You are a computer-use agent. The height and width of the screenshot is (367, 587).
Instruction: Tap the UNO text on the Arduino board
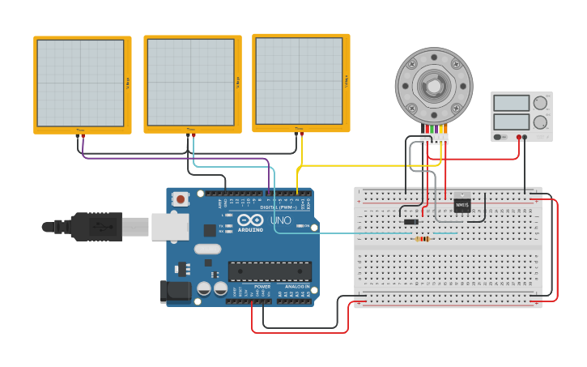coord(280,220)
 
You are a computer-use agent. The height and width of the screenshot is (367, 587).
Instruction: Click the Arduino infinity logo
coord(250,220)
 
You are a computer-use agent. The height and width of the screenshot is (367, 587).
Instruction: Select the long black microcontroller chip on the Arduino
coord(269,271)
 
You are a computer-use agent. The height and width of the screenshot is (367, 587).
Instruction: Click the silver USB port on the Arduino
coord(169,227)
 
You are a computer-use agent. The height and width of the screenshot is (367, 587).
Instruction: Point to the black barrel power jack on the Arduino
coord(177,291)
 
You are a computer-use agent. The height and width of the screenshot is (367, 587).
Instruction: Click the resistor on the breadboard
coord(422,238)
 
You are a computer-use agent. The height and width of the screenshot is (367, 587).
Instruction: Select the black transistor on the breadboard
coord(462,205)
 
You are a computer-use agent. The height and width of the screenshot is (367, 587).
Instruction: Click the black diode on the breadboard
coord(411,222)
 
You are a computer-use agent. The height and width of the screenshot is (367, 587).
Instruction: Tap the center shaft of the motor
coord(434,85)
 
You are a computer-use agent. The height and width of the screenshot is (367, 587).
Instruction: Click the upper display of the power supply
coord(511,103)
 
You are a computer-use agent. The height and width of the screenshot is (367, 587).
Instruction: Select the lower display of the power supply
coord(511,122)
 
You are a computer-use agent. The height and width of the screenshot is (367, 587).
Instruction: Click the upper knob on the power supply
coord(539,103)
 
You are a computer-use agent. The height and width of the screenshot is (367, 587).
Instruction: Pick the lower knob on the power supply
coord(539,122)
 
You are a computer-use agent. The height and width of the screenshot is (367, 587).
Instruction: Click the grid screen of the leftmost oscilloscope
coord(80,83)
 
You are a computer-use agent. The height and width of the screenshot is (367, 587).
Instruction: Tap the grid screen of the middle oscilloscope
coord(190,82)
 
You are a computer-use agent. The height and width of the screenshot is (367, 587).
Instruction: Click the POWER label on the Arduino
coord(262,286)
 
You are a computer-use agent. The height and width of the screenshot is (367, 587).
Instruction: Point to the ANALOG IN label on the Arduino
coord(296,286)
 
